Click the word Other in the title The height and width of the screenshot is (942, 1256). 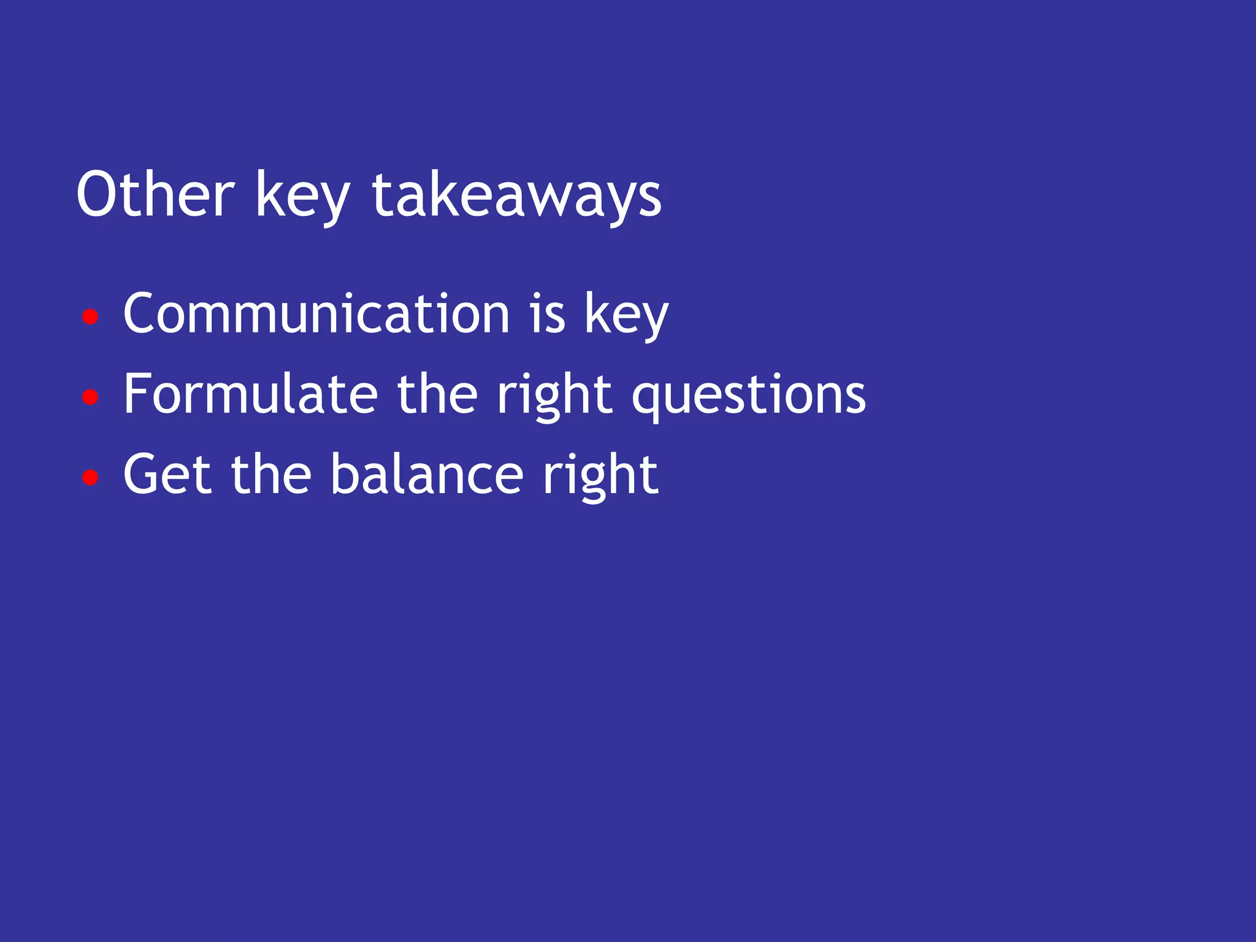(155, 194)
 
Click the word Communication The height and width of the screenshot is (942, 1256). (316, 313)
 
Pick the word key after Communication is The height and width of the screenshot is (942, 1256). (626, 315)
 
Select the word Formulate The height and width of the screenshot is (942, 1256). (250, 394)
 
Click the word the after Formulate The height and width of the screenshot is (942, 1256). (437, 394)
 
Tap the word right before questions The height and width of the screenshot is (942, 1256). (554, 396)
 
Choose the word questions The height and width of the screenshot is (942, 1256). (749, 396)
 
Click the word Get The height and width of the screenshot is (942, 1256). (167, 474)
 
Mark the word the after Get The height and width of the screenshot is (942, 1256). (271, 474)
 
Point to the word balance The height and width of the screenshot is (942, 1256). (427, 474)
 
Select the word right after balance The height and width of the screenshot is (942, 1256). (600, 477)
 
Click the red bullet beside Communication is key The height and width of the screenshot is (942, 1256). (90, 317)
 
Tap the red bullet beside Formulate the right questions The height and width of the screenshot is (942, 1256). (90, 397)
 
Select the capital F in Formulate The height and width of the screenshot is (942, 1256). (137, 394)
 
